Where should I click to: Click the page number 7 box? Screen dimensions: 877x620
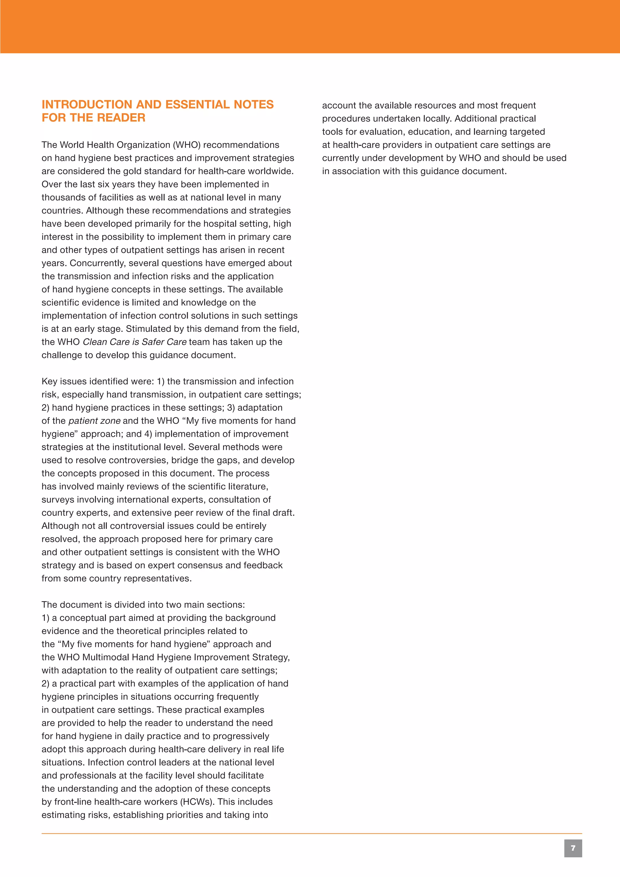(x=573, y=848)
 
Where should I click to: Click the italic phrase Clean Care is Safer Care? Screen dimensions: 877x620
(x=134, y=342)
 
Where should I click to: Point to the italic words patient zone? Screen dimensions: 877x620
(x=94, y=420)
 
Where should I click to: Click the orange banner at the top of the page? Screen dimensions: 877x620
(x=310, y=26)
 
